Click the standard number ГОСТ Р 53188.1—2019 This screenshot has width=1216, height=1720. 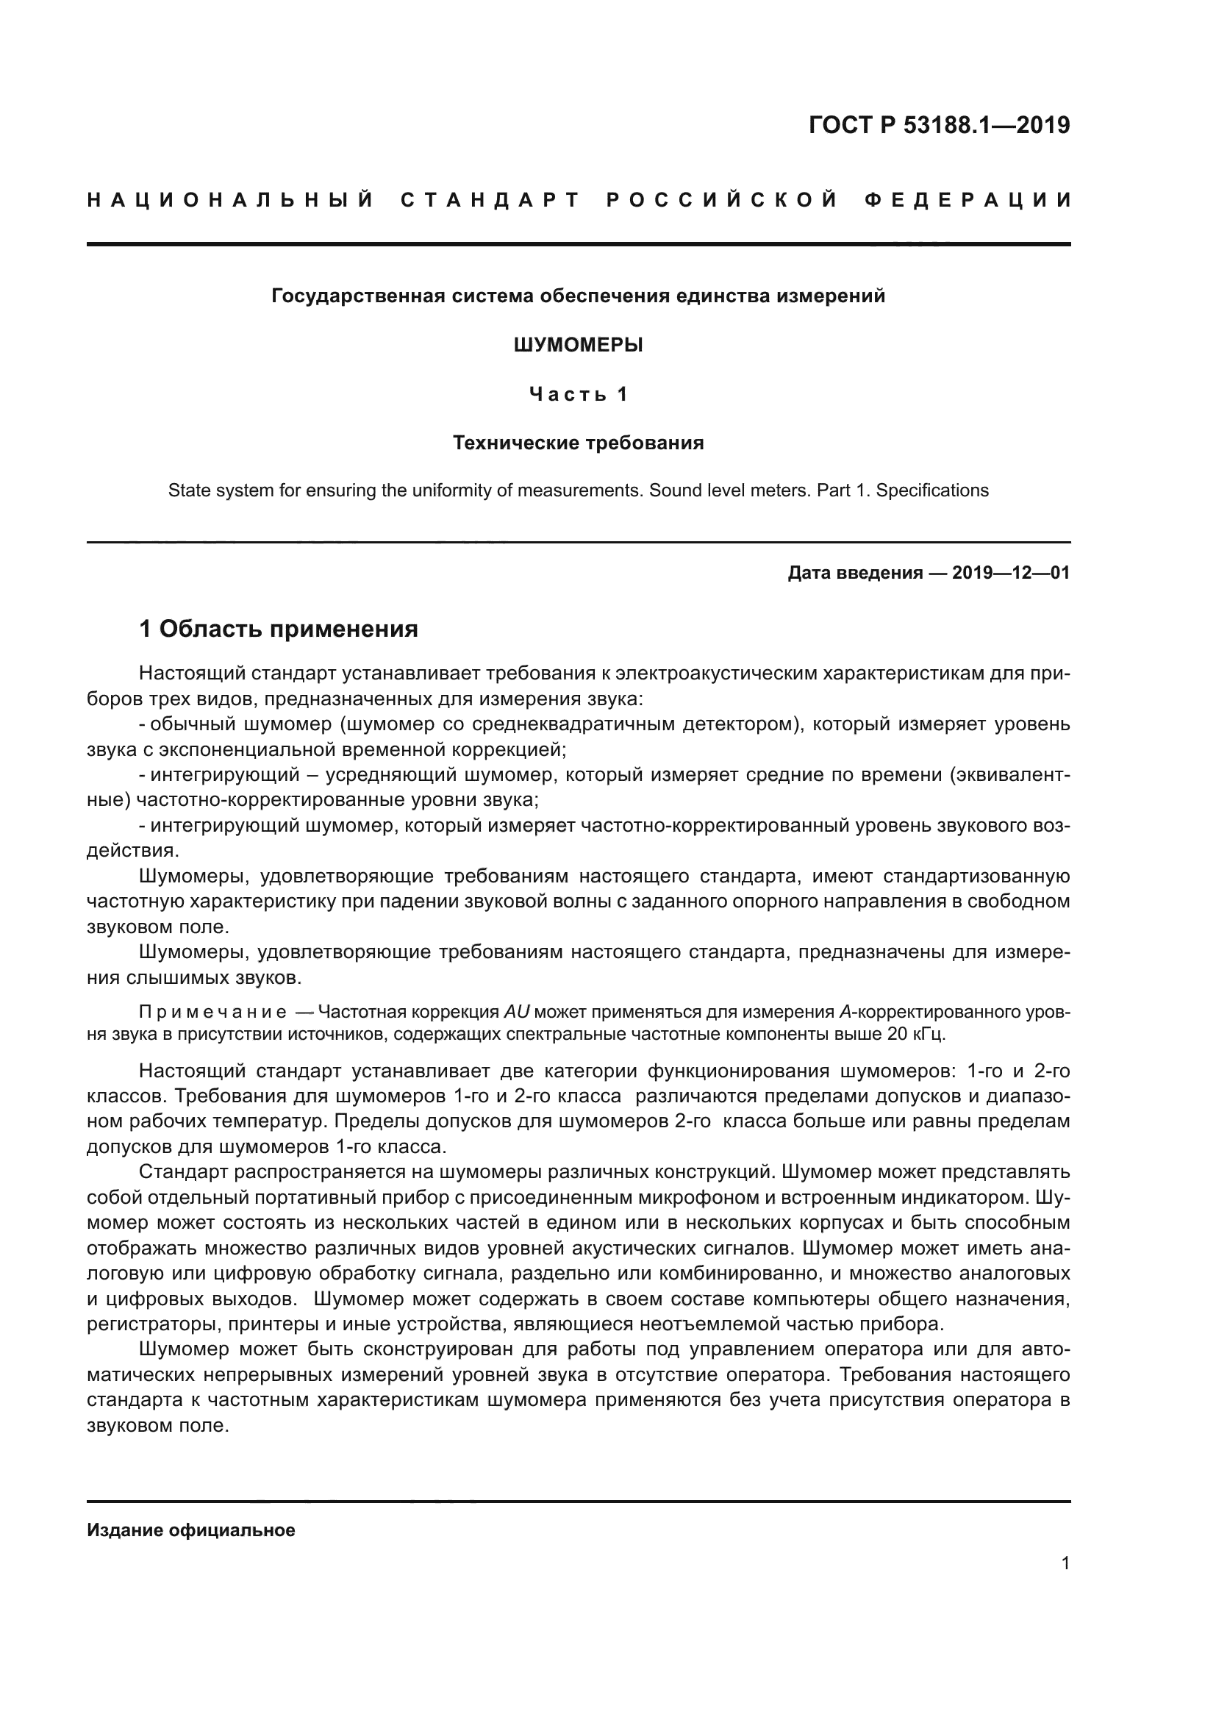(x=939, y=125)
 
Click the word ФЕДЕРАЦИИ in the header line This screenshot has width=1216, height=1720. (x=968, y=200)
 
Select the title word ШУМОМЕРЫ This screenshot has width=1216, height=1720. (x=578, y=346)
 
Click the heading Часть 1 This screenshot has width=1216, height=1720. (x=578, y=394)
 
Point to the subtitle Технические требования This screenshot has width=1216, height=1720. (x=578, y=443)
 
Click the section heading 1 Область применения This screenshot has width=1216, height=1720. (x=279, y=629)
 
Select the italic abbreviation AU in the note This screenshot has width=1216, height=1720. (x=516, y=1012)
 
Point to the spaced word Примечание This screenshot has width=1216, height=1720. (x=212, y=1012)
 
